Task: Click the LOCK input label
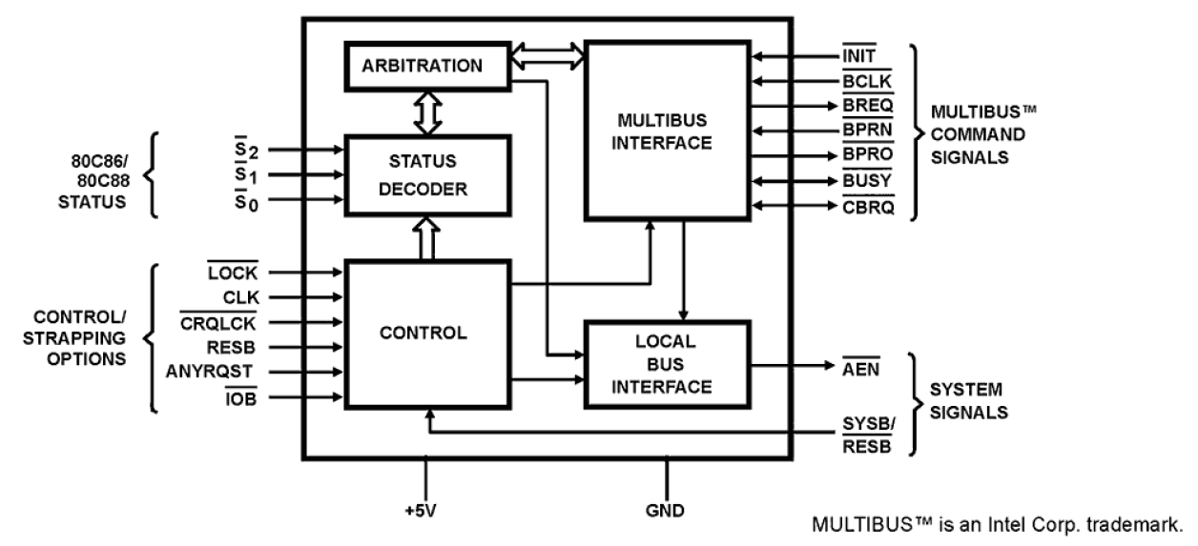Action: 233,273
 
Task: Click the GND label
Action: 666,511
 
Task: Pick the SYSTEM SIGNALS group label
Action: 966,402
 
